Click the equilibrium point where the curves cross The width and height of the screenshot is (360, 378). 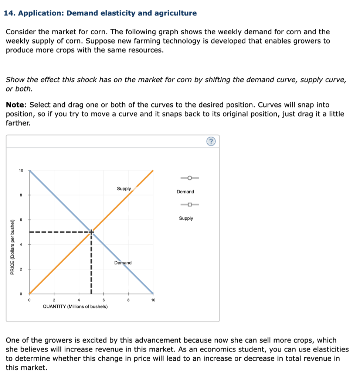click(91, 232)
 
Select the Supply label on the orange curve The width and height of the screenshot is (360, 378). click(124, 189)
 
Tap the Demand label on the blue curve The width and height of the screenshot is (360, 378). click(123, 263)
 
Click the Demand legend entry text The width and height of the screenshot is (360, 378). click(185, 192)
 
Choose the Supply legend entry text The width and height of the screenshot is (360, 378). click(186, 218)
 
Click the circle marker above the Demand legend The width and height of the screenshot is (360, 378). click(189, 178)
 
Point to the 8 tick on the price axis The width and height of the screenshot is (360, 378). click(21, 195)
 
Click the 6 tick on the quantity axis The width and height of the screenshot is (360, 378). click(104, 300)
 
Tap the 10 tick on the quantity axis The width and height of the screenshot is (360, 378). click(153, 300)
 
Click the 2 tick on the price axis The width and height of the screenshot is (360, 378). click(21, 269)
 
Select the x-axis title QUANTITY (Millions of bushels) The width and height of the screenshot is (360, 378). click(75, 306)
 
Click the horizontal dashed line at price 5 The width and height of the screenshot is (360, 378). click(59, 232)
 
